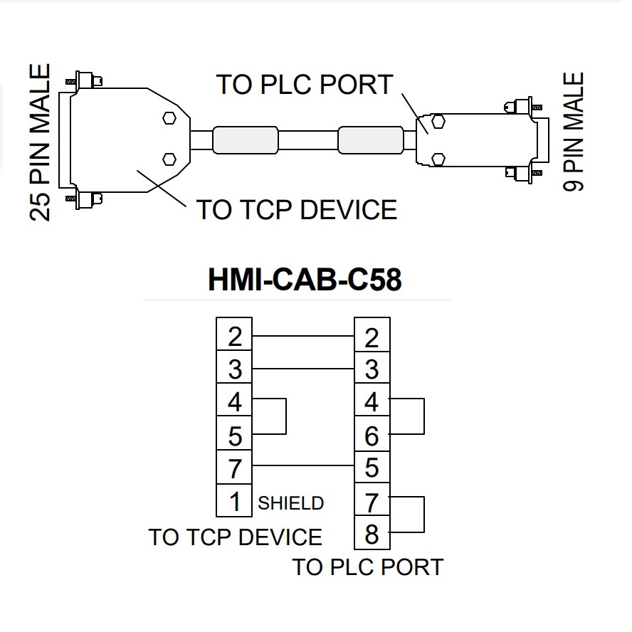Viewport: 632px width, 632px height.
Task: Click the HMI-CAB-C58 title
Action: point(305,280)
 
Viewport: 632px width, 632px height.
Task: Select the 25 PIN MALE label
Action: point(41,142)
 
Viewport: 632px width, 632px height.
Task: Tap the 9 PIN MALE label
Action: point(574,132)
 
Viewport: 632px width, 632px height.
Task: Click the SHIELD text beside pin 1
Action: point(290,503)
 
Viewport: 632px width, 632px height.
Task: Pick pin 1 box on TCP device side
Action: point(234,501)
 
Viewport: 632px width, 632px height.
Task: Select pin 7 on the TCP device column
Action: point(234,468)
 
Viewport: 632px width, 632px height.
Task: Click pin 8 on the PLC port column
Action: point(372,534)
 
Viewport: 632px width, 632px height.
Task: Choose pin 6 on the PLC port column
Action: point(372,436)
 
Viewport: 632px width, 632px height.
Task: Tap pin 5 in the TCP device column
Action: point(234,436)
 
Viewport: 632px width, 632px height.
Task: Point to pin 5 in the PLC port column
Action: point(372,468)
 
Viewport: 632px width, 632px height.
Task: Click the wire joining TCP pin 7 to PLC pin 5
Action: point(302,465)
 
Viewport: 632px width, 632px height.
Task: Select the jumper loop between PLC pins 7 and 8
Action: point(423,515)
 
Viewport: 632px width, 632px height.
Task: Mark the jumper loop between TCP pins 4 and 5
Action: point(285,417)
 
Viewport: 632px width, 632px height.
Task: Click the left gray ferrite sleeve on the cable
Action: point(245,139)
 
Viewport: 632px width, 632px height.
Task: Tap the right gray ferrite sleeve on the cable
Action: point(370,139)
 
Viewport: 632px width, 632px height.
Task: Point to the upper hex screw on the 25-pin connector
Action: point(169,118)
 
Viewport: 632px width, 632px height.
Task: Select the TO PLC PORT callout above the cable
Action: point(305,85)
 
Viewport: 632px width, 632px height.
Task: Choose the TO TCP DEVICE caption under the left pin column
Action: point(235,537)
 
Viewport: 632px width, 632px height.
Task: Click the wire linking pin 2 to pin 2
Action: point(302,335)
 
